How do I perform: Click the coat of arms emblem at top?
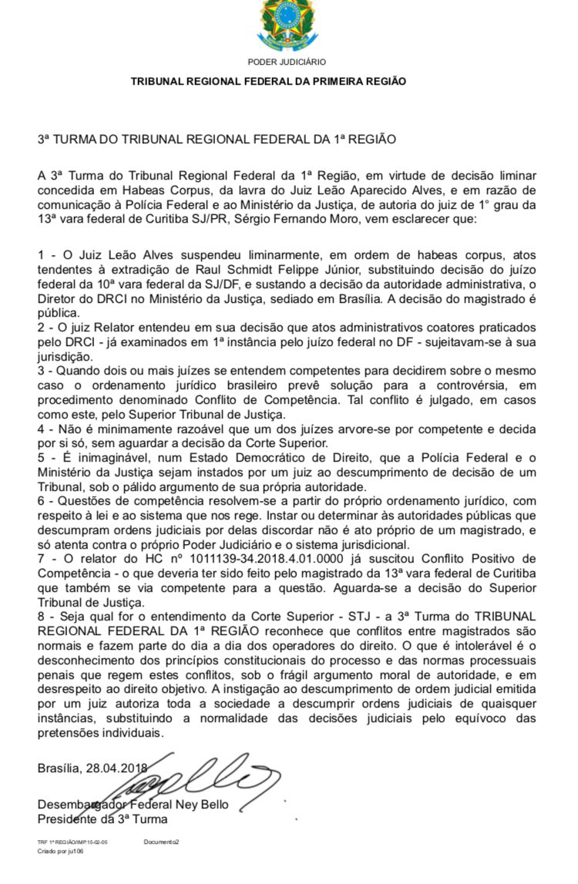click(287, 25)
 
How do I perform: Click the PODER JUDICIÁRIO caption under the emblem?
click(287, 62)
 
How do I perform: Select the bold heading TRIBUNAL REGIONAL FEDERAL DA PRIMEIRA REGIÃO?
click(268, 81)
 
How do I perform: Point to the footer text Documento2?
click(160, 842)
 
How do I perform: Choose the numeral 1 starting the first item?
click(41, 255)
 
